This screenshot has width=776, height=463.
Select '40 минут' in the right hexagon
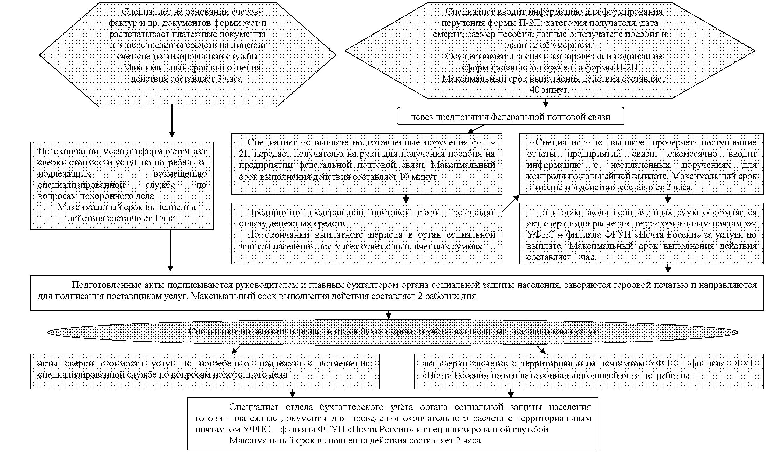pyautogui.click(x=549, y=90)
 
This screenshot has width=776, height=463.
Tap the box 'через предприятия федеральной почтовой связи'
pyautogui.click(x=510, y=117)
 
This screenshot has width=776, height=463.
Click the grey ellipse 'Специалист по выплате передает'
pyautogui.click(x=393, y=331)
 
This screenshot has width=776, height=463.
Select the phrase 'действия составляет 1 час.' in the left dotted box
pyautogui.click(x=122, y=218)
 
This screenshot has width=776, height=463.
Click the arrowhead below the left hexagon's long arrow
pyautogui.click(x=172, y=134)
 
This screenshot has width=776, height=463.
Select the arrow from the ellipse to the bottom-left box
pyautogui.click(x=236, y=349)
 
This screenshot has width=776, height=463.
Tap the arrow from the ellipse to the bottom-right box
pyautogui.click(x=541, y=350)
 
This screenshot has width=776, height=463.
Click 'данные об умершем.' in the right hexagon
pyautogui.click(x=549, y=45)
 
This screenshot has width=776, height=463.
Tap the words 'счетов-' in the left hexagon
pyautogui.click(x=246, y=12)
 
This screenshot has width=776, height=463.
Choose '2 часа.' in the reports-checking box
pyautogui.click(x=679, y=187)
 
